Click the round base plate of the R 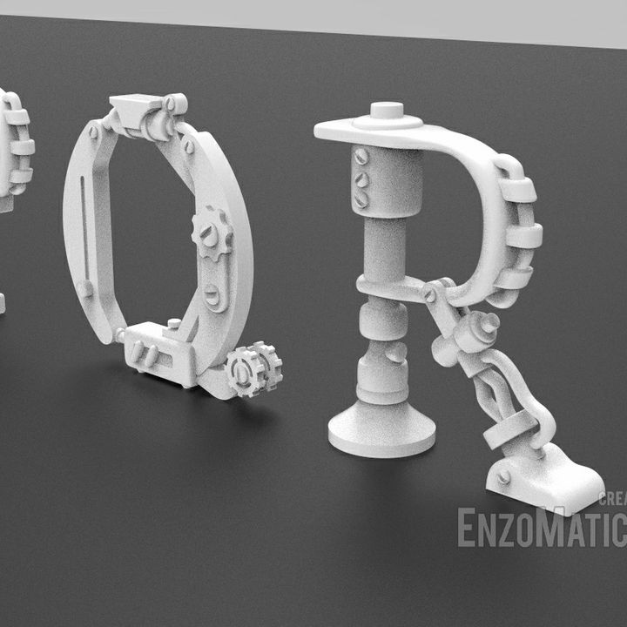tap(381, 431)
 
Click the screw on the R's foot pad tap(503, 476)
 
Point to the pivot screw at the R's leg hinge tap(429, 295)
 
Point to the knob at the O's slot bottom tap(86, 289)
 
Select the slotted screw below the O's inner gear tap(213, 297)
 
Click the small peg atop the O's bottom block tap(173, 323)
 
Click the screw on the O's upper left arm tap(94, 132)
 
